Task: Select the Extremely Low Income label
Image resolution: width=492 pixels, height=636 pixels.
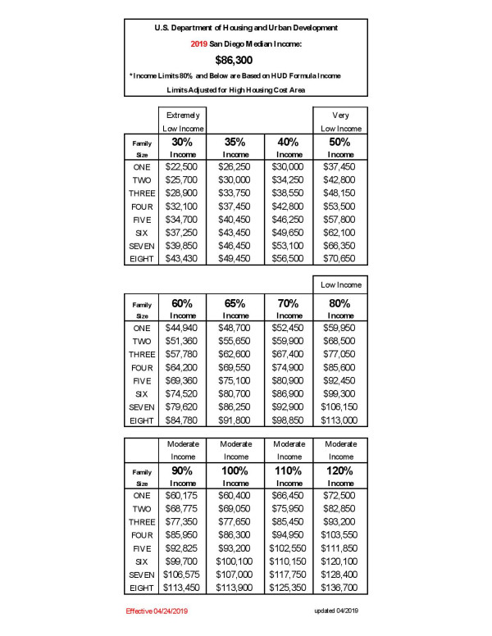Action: (182, 122)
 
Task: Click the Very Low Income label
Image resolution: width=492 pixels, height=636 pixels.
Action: (341, 122)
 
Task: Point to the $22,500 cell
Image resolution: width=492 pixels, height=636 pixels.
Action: (182, 166)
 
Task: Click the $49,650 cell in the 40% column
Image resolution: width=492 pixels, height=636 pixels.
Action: (288, 234)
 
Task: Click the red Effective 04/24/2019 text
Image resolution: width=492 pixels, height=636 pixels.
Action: (157, 611)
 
